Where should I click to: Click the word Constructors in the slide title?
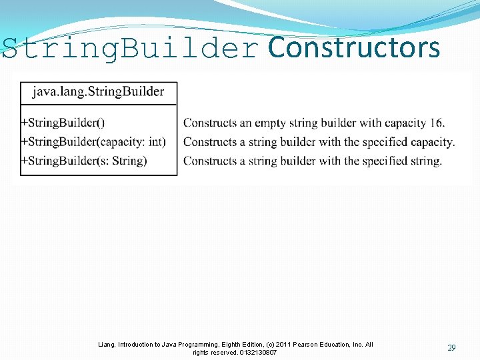[x=353, y=48]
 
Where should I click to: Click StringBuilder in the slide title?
[x=131, y=48]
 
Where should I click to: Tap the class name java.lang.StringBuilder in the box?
[x=99, y=91]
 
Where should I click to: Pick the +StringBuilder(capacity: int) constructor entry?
[x=93, y=141]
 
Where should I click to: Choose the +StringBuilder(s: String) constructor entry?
[x=84, y=161]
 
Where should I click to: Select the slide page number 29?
[x=451, y=348]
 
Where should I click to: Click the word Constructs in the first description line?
[x=209, y=123]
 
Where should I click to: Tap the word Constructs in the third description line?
[x=209, y=161]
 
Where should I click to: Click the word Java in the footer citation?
[x=163, y=345]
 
